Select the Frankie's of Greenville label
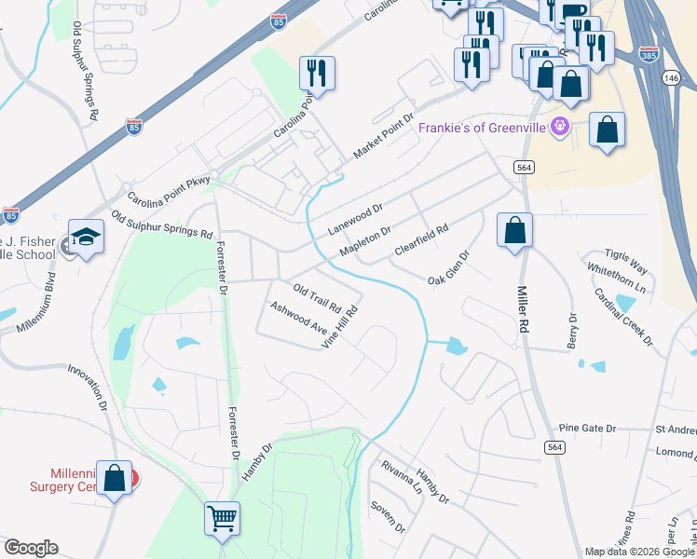tap(482, 128)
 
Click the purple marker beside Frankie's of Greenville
tap(560, 127)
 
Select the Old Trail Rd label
tap(319, 298)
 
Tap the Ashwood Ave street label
tap(298, 319)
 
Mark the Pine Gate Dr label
tap(588, 429)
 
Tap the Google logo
tap(30, 548)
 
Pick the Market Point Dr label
tap(383, 138)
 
